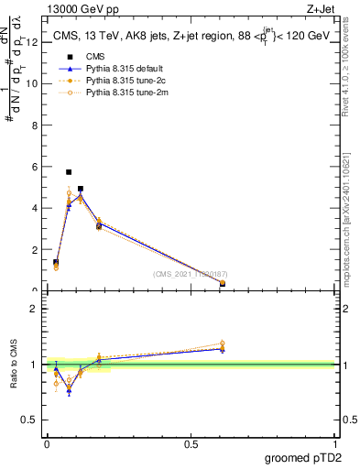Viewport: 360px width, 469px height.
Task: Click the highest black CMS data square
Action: [x=69, y=172]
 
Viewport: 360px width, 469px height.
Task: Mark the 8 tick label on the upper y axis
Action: [x=34, y=125]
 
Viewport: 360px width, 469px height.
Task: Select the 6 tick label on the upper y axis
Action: [x=34, y=167]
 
